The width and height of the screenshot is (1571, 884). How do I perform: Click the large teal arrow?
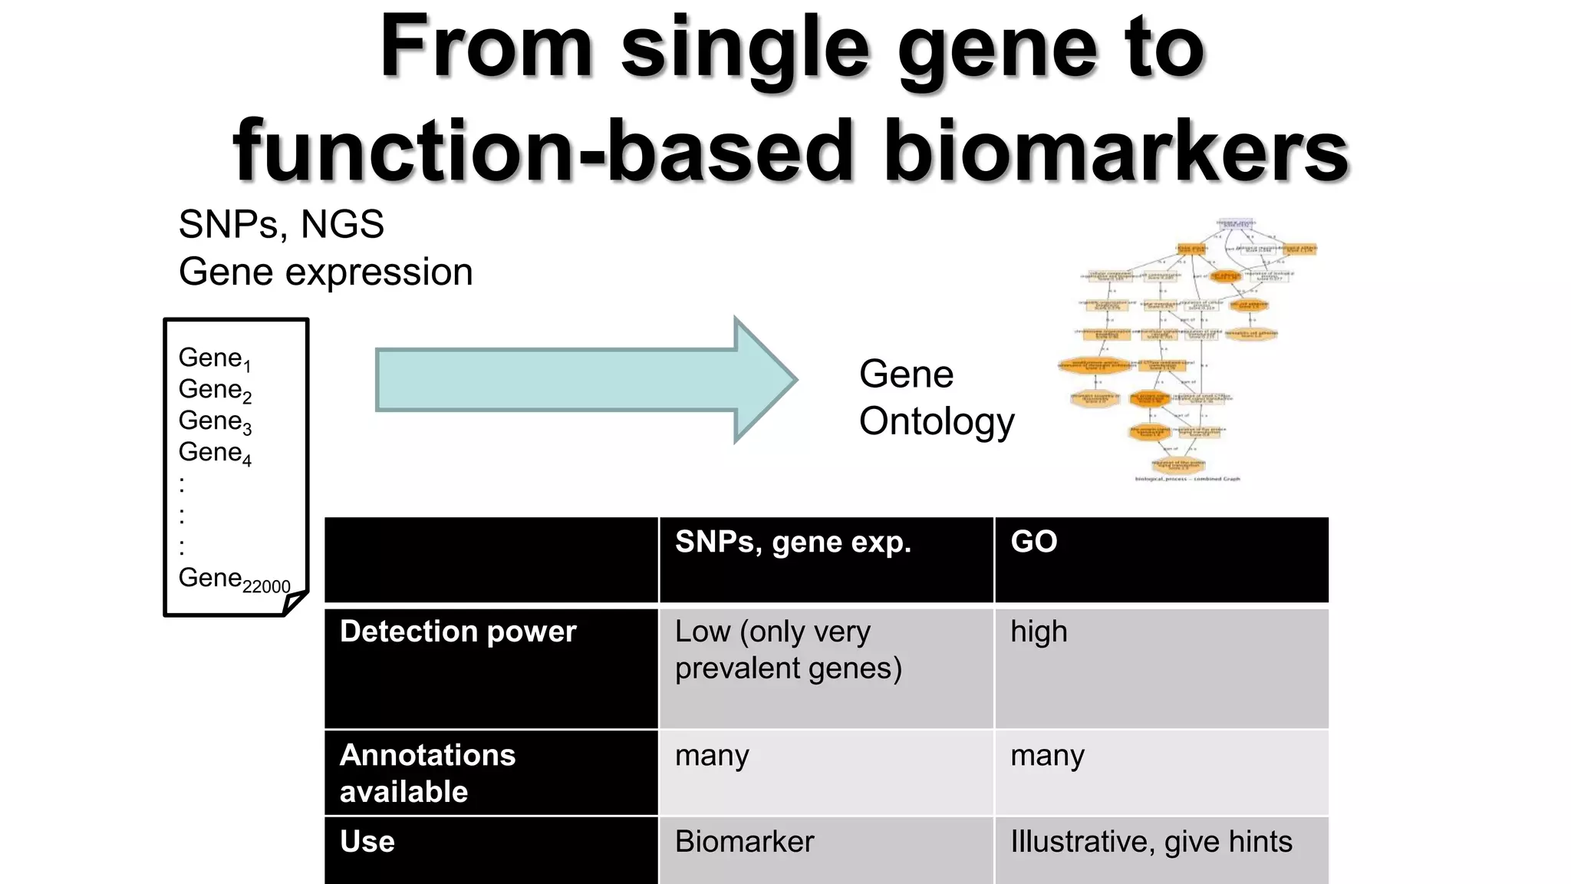[x=583, y=380]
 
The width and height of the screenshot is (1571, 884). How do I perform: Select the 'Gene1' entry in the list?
[x=214, y=358]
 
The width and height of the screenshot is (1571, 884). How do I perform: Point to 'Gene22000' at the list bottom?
[x=234, y=579]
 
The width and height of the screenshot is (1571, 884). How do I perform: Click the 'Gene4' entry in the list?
[x=214, y=453]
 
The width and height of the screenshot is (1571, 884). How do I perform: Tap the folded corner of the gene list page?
[x=295, y=602]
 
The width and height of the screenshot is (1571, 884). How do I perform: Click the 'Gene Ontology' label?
[x=936, y=397]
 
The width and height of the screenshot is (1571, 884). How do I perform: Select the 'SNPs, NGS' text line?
[x=281, y=225]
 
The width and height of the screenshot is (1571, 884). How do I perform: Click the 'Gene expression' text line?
[x=325, y=272]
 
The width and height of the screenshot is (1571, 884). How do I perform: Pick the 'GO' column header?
[x=1033, y=542]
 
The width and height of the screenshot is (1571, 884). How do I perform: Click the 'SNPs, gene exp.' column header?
[x=792, y=542]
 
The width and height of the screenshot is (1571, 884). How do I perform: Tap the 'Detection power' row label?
[x=457, y=632]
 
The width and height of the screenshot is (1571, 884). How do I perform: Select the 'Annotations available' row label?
[x=427, y=773]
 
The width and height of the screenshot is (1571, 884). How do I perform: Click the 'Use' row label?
[x=367, y=842]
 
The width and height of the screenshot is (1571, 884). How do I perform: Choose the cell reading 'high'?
[x=1039, y=632]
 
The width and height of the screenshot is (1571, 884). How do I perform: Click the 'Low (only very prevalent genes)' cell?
[x=788, y=649]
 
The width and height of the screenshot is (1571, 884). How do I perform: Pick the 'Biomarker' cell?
[x=744, y=842]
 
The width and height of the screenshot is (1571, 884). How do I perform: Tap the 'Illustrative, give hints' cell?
[x=1151, y=842]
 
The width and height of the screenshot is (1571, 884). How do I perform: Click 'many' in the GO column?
[x=1047, y=756]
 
